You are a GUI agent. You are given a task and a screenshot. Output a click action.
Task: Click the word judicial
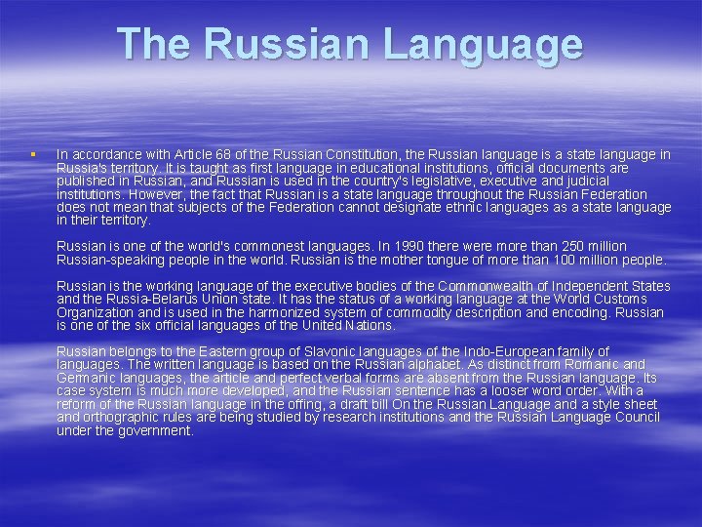pos(581,181)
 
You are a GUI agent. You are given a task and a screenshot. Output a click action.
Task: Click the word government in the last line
pos(155,430)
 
